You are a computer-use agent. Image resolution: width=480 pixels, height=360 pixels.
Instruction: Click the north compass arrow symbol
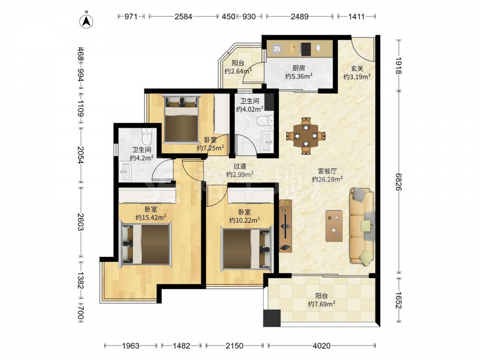click(86, 21)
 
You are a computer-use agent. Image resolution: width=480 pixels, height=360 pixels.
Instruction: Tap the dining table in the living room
click(306, 136)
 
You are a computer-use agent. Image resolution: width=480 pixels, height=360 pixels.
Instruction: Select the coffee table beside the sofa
click(334, 226)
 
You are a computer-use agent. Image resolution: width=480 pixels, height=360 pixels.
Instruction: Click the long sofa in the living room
click(362, 226)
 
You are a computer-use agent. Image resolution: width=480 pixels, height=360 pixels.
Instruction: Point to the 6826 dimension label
click(398, 182)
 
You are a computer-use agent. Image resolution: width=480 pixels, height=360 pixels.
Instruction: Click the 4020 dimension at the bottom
click(322, 346)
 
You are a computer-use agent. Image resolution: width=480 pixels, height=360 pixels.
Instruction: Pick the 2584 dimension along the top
click(183, 16)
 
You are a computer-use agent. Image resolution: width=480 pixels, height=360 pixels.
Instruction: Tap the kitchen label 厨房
click(299, 68)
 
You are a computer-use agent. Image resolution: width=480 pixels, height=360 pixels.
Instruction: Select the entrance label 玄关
click(357, 69)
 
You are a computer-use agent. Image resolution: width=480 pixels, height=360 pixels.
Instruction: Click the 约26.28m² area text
click(327, 180)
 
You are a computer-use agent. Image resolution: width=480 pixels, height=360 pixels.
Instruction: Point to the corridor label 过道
click(240, 166)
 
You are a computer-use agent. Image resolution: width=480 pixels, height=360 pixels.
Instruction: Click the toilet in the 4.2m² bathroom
click(147, 136)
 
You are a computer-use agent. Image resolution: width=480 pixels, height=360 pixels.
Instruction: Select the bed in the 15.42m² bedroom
click(146, 244)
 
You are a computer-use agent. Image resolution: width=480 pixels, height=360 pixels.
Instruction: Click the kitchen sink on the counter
click(277, 48)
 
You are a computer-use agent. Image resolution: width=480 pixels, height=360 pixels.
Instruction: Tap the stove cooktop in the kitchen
click(305, 49)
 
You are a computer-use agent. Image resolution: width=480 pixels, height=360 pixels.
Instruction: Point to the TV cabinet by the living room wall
click(285, 226)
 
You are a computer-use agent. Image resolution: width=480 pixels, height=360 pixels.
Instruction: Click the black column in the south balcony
click(272, 318)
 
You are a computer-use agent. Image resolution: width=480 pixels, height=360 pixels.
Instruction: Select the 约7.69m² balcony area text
click(322, 304)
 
